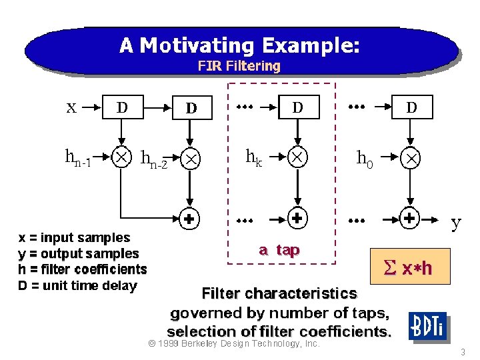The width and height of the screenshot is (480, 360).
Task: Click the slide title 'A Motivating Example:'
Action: pyautogui.click(x=240, y=45)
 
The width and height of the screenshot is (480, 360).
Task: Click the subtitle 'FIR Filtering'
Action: pyautogui.click(x=239, y=66)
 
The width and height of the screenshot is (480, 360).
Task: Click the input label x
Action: pyautogui.click(x=71, y=107)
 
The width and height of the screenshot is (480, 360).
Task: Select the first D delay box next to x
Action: pyautogui.click(x=123, y=107)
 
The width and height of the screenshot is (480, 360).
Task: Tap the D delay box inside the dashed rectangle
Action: pyautogui.click(x=297, y=107)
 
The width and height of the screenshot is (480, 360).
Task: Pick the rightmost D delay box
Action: pyautogui.click(x=411, y=107)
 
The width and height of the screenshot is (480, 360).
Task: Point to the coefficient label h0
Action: pyautogui.click(x=365, y=158)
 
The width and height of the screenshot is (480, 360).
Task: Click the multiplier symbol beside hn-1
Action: pyautogui.click(x=122, y=157)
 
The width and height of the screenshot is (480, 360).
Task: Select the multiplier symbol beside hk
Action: pyautogui.click(x=297, y=157)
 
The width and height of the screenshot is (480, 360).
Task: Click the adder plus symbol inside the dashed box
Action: pyautogui.click(x=297, y=218)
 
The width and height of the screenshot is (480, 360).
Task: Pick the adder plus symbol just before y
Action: pyautogui.click(x=411, y=218)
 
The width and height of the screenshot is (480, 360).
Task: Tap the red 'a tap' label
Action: pyautogui.click(x=279, y=250)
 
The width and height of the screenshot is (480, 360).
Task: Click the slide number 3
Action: pyautogui.click(x=462, y=351)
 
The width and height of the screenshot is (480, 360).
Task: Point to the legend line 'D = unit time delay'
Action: pyautogui.click(x=77, y=286)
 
